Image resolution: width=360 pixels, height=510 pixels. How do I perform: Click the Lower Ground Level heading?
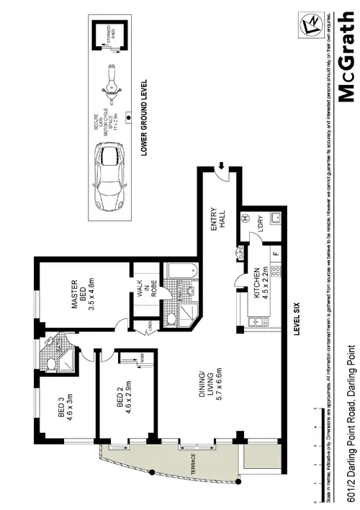tap(144, 118)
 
